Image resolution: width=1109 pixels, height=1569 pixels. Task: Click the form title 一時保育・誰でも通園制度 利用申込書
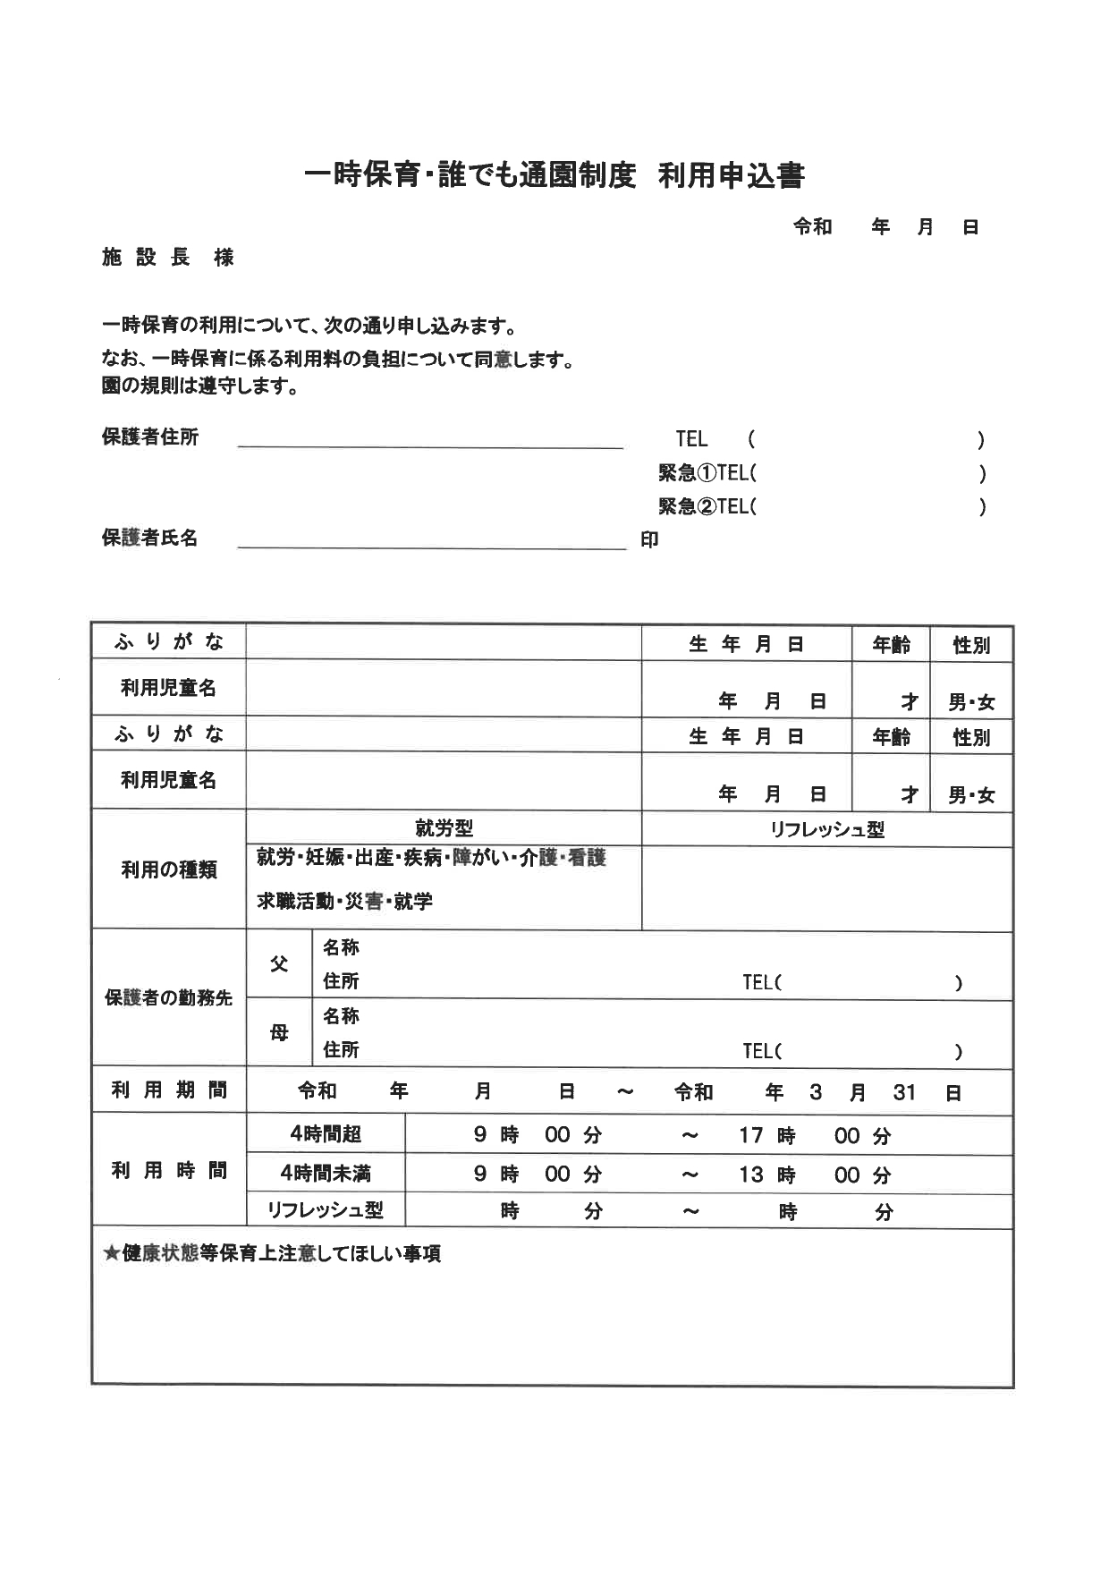pos(554,175)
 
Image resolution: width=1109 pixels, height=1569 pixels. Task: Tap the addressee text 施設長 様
pos(168,258)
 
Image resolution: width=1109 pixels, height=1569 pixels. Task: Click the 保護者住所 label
pos(150,437)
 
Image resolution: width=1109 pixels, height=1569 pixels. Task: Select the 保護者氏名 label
pos(150,539)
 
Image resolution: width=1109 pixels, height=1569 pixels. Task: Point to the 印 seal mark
pos(649,540)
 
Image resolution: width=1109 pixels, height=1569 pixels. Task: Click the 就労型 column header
pos(444,828)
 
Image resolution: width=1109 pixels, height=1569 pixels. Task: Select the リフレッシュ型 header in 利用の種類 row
pos(826,829)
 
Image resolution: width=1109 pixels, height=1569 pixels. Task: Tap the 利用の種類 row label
pos(169,869)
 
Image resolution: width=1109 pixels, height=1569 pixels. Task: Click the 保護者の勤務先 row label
pos(169,998)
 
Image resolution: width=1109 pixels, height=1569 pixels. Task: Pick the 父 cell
pos(279,964)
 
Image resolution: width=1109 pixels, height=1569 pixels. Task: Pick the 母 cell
pos(279,1033)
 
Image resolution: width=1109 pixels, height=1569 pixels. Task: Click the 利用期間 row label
pos(169,1090)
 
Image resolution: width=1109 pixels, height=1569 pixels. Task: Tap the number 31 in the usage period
pos(904,1092)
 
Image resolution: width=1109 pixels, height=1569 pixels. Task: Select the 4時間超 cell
pos(326,1134)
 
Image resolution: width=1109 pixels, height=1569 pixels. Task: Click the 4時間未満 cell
pos(326,1173)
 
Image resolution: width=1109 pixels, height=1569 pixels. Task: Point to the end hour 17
pos(750,1135)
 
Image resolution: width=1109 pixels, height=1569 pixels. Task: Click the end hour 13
pos(750,1175)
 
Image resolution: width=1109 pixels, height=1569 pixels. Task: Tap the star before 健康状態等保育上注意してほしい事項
pos(112,1254)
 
